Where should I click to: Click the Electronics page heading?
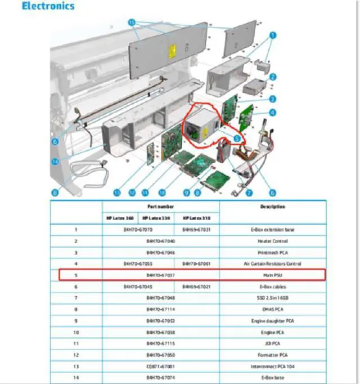click(x=47, y=7)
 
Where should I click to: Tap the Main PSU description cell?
click(x=272, y=275)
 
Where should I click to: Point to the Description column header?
click(x=272, y=207)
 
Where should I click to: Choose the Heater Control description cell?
click(x=272, y=240)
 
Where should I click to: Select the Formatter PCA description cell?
click(x=272, y=355)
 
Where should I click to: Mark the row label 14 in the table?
click(x=76, y=377)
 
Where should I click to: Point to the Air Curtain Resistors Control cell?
click(x=272, y=263)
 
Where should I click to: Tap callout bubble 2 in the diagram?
click(x=272, y=77)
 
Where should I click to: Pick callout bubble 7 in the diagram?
click(x=248, y=193)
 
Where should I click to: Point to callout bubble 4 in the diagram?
click(x=272, y=113)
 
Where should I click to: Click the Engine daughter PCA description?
click(x=272, y=320)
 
